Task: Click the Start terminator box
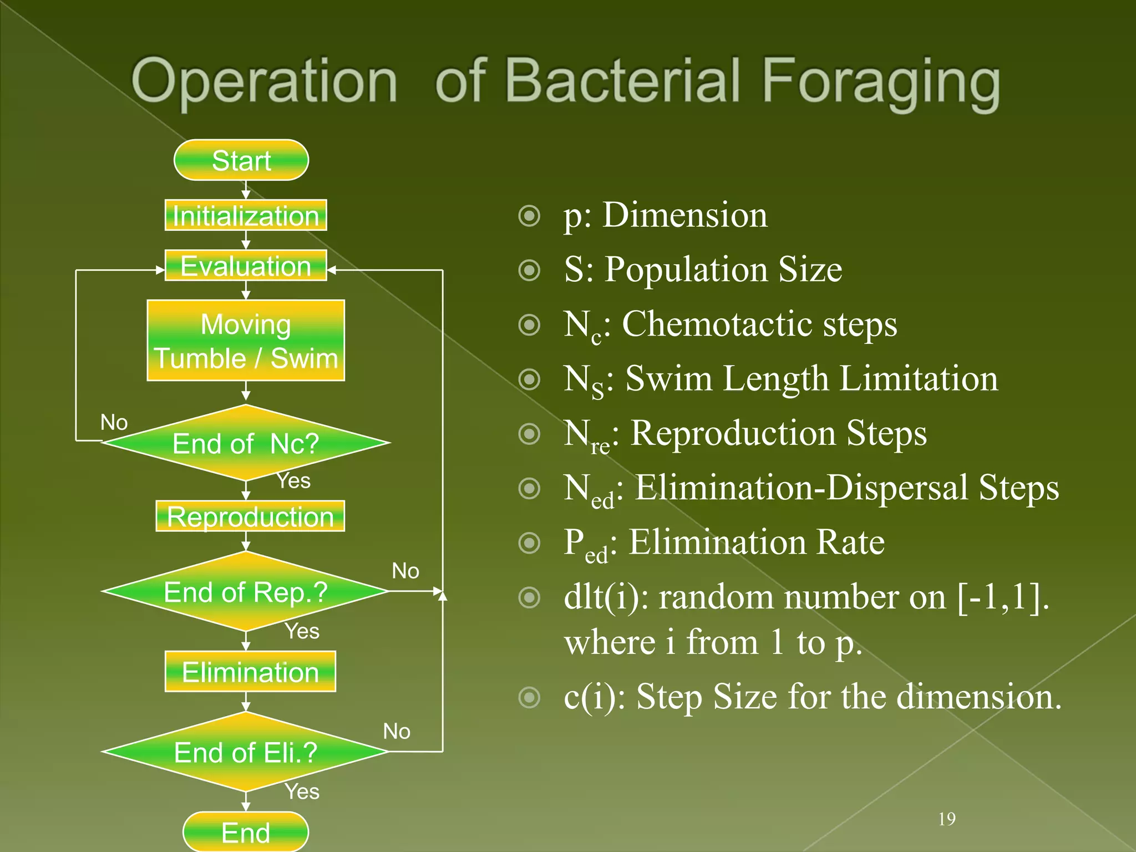tap(241, 160)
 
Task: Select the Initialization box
tap(246, 215)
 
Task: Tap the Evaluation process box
tap(246, 266)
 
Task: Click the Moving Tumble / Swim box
tap(246, 341)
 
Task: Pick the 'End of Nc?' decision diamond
tap(246, 443)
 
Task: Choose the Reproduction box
tap(250, 516)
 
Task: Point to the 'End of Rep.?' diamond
tap(246, 592)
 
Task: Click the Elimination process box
tap(250, 672)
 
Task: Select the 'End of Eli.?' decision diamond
tap(246, 752)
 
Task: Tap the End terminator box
tap(246, 832)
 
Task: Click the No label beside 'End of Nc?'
tap(114, 423)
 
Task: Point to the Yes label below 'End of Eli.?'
tap(302, 792)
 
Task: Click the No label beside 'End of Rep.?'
tap(405, 571)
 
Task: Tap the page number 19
tap(947, 819)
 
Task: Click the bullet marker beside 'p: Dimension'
tap(529, 216)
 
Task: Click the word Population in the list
tap(686, 270)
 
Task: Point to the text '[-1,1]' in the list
tap(1003, 597)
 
